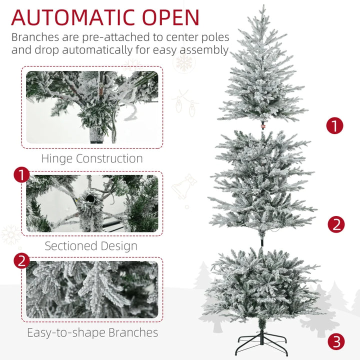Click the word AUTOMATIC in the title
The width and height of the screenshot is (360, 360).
[x=74, y=17]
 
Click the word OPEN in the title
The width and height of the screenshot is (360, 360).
[x=171, y=17]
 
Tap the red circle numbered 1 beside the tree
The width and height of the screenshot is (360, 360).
[x=335, y=125]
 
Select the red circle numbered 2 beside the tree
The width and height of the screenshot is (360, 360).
[x=336, y=224]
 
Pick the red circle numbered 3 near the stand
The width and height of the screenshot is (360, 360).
[x=336, y=341]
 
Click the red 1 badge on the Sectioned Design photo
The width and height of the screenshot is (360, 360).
[x=21, y=175]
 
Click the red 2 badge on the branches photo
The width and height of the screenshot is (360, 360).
[x=21, y=261]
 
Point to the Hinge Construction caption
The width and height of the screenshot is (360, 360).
[x=92, y=159]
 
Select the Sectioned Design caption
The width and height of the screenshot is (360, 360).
[x=91, y=246]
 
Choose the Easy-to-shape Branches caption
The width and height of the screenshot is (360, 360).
[x=92, y=332]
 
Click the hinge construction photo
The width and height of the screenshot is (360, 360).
[x=92, y=107]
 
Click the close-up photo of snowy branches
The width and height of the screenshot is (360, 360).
[x=92, y=289]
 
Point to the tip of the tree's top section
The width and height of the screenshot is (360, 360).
[x=262, y=7]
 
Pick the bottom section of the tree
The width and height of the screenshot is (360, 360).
[x=261, y=285]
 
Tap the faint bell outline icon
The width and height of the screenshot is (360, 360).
[x=184, y=186]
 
